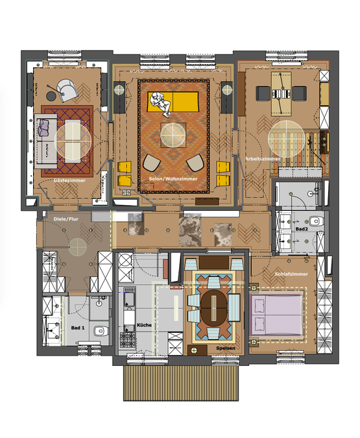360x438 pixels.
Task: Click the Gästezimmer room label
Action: (69, 180)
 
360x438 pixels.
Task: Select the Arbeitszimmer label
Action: (263, 159)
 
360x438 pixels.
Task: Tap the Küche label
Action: (144, 324)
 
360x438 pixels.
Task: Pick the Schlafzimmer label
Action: (290, 275)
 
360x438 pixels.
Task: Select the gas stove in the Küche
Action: (127, 341)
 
